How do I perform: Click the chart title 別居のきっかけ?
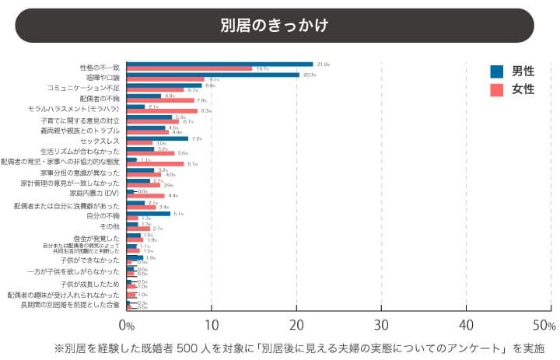tap(274, 26)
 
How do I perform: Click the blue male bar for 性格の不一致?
tap(219, 64)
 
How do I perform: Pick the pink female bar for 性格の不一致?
tap(189, 68)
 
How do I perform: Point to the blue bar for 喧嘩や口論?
tap(212, 75)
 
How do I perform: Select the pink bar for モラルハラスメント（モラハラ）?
tap(162, 111)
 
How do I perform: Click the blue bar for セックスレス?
tap(157, 138)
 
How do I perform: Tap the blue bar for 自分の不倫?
tap(148, 213)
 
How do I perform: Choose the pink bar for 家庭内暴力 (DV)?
tap(145, 196)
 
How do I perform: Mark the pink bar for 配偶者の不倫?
tap(160, 100)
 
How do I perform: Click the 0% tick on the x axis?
tap(127, 324)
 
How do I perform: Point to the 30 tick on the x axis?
tap(381, 324)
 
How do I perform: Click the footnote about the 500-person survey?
tap(299, 347)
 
